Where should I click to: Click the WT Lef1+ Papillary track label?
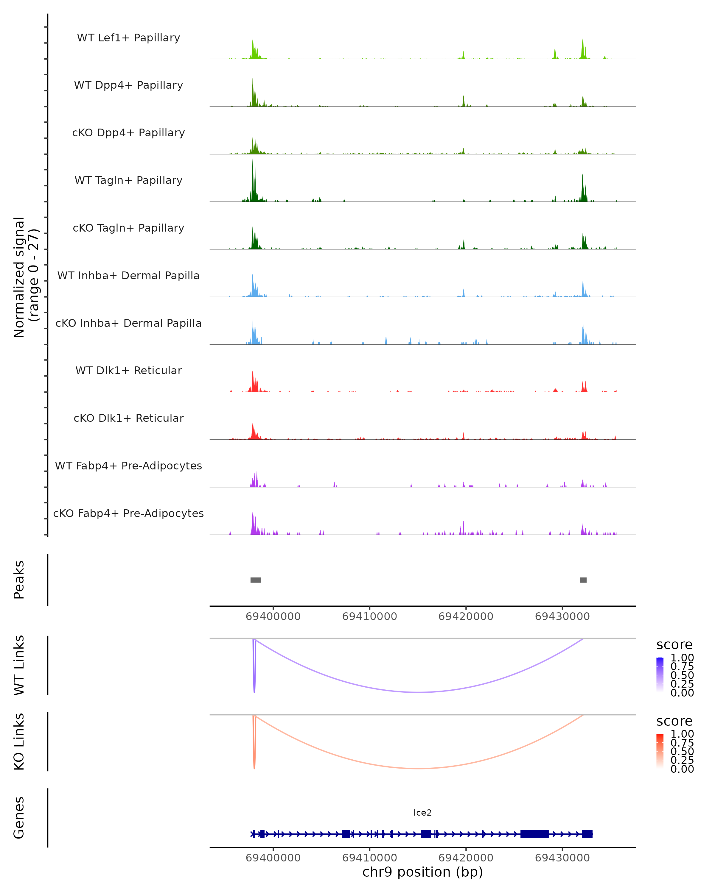128,38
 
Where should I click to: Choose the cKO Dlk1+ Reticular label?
128,418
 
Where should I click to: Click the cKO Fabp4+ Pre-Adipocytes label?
128,513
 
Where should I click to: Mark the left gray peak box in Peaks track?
255,580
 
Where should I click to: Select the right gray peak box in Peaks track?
583,580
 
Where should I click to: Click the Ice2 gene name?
422,813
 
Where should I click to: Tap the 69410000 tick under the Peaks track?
369,616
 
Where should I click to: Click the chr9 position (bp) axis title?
422,872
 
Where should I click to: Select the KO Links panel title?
19,741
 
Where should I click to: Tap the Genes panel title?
19,818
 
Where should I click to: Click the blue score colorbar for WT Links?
660,674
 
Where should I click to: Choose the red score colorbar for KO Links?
660,750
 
